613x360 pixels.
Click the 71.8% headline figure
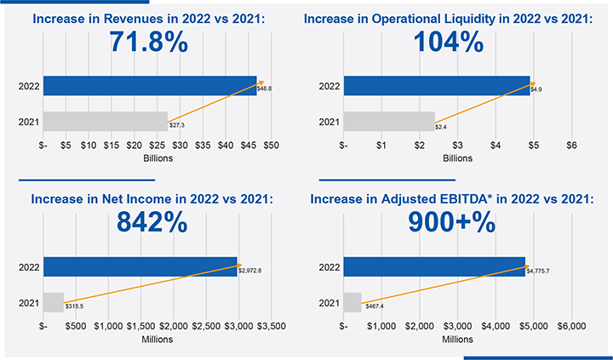[x=149, y=43]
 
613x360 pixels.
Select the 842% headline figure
[x=150, y=224]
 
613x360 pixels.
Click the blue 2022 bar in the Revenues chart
[x=150, y=86]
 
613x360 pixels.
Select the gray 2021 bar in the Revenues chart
[x=106, y=122]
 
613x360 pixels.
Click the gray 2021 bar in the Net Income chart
[x=54, y=302]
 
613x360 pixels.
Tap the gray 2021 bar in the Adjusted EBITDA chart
[x=352, y=302]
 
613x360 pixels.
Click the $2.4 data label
[x=441, y=127]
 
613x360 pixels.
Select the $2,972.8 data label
[x=249, y=270]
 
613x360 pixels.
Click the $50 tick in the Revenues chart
[x=271, y=145]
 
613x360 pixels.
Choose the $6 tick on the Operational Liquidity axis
[x=571, y=145]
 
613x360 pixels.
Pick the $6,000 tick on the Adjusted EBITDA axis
[x=571, y=326]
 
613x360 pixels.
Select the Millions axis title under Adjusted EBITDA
[x=457, y=339]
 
